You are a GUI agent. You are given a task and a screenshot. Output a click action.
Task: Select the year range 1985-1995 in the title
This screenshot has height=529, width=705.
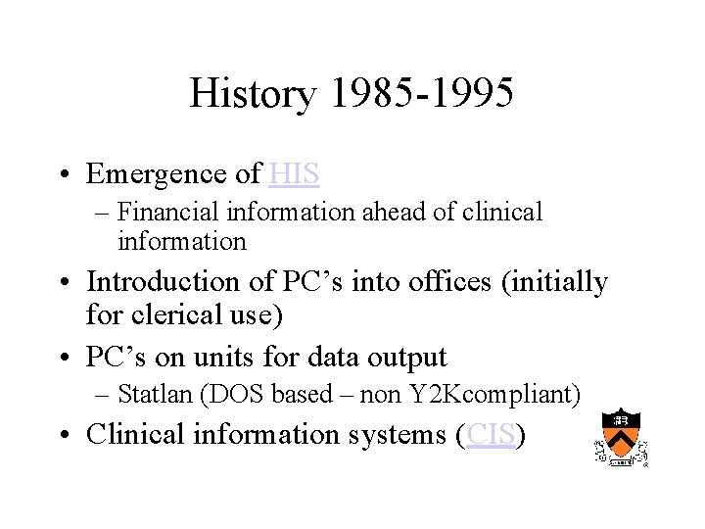coord(422,94)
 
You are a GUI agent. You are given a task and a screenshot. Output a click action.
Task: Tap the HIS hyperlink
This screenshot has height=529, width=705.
coord(294,173)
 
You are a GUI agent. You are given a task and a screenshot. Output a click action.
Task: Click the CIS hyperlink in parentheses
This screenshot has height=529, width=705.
coord(491,433)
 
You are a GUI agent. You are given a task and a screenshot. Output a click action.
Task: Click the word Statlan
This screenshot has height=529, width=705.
coord(150,394)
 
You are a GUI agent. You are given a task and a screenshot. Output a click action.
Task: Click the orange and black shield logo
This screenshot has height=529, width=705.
coord(621,435)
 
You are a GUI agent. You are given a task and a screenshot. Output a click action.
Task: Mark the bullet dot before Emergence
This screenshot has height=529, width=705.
coord(70,174)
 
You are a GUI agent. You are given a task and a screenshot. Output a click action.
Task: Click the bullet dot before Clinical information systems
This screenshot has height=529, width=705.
coord(70,434)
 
